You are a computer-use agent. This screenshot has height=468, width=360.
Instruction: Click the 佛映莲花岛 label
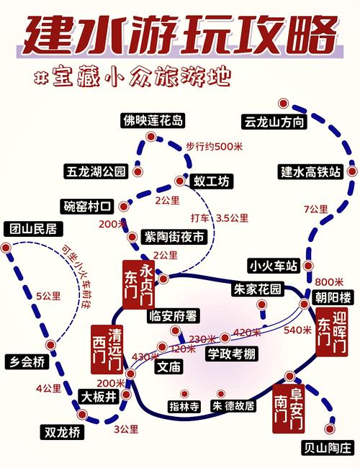153,120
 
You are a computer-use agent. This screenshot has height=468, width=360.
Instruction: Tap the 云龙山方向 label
275,120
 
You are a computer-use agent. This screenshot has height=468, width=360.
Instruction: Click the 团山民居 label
34,230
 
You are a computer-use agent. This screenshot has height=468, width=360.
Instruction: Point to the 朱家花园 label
256,289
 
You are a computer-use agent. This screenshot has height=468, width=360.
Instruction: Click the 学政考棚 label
234,354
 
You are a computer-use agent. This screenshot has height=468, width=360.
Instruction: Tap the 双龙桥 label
61,433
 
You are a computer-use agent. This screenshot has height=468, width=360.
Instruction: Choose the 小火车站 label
271,266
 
